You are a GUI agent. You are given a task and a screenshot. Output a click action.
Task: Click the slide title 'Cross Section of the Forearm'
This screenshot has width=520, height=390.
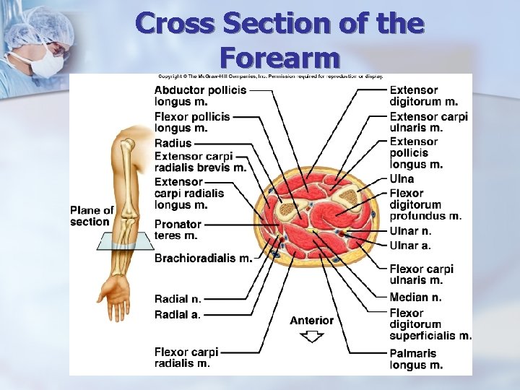click(279, 39)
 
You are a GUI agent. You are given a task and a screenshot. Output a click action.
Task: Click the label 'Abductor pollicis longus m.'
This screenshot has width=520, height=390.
click(200, 95)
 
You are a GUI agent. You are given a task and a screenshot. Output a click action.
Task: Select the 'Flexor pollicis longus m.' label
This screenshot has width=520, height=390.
click(192, 121)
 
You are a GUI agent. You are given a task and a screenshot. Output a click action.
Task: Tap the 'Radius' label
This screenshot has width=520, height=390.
click(173, 143)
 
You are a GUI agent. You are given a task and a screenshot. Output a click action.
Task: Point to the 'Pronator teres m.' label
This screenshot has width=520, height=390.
click(178, 230)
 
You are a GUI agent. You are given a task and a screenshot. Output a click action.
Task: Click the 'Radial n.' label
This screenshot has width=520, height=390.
click(178, 299)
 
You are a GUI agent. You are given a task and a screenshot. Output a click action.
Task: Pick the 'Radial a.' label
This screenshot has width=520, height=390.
click(178, 314)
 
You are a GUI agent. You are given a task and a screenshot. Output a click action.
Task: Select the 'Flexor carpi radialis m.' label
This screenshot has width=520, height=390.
click(186, 357)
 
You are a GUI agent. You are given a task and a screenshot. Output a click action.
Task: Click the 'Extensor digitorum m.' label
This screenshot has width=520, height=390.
click(423, 95)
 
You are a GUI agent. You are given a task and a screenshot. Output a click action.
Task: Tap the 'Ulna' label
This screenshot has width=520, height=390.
click(402, 178)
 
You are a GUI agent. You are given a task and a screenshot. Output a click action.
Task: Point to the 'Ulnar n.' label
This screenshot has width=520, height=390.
click(410, 231)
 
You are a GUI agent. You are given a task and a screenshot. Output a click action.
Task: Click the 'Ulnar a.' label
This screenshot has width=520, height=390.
click(410, 246)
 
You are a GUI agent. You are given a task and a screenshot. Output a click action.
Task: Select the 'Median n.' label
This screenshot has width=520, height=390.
click(415, 297)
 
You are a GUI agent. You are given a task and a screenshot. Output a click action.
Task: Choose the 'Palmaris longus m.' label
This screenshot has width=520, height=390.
click(416, 359)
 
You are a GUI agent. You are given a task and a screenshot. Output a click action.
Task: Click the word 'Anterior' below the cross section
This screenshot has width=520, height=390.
click(312, 320)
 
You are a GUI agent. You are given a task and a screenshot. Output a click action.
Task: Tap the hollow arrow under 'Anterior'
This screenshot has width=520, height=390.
click(312, 336)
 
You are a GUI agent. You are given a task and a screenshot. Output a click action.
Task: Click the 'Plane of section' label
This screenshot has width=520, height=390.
click(92, 216)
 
